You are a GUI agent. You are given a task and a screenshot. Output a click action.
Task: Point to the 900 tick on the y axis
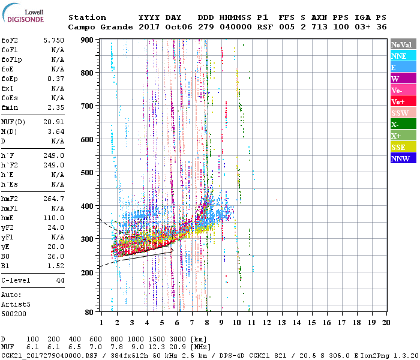point(88,40)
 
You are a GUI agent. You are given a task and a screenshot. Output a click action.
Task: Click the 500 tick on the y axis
point(88,172)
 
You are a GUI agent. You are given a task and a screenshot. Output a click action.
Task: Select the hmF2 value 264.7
point(55,199)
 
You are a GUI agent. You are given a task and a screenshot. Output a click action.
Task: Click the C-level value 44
point(60,280)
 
